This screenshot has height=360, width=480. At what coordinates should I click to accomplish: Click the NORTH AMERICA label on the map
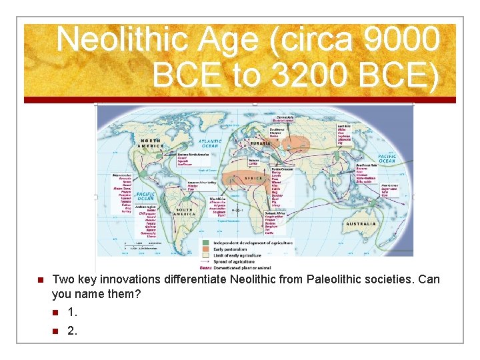[151, 142]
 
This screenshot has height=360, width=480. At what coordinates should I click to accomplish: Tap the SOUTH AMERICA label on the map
[185, 212]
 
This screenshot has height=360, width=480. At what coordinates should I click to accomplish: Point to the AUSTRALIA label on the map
[361, 224]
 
